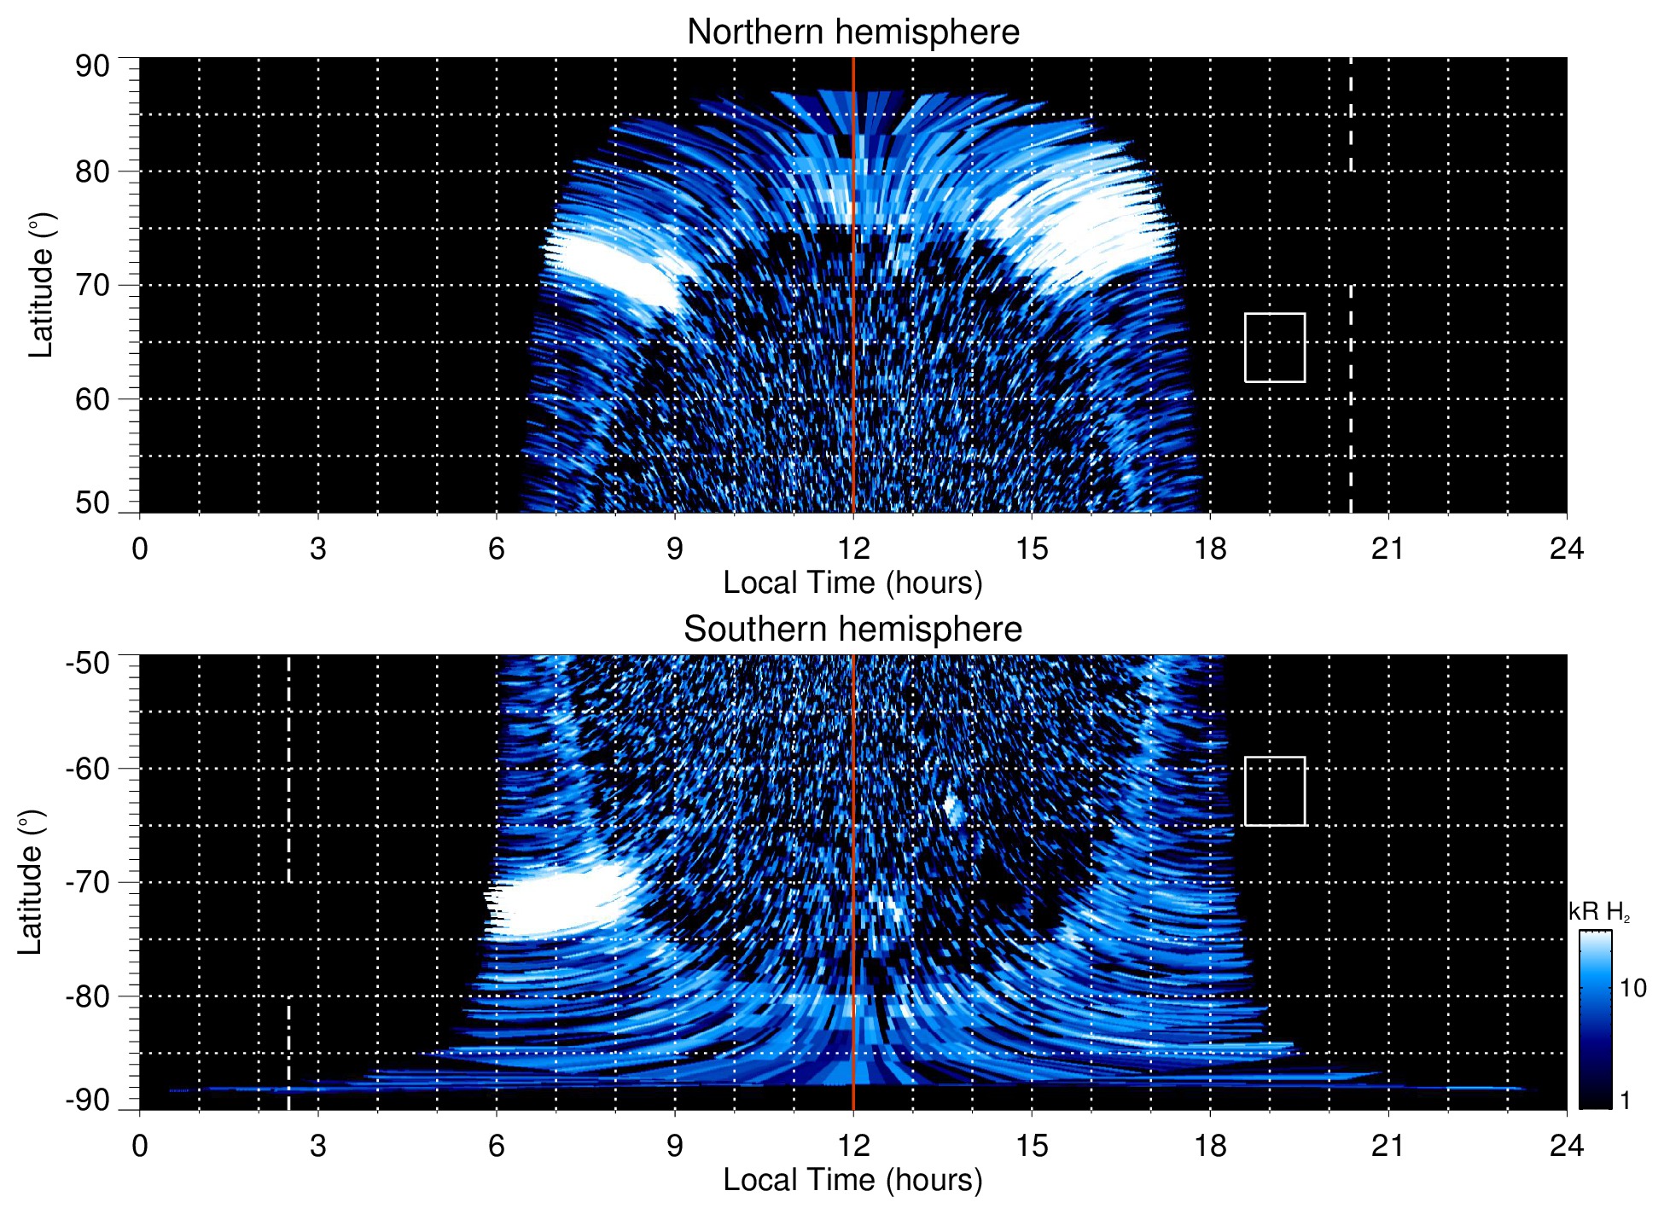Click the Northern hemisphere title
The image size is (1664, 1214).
[x=852, y=32]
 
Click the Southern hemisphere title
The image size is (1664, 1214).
[x=852, y=630]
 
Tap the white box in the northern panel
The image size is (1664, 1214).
[x=1274, y=347]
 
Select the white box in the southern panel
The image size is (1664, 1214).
[x=1274, y=791]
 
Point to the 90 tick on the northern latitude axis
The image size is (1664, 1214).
[x=92, y=67]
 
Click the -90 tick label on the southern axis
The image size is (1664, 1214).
[x=88, y=1100]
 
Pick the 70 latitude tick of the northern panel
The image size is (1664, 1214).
[x=92, y=285]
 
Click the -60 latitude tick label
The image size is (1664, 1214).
[x=88, y=768]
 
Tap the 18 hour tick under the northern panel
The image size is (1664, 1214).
[x=1210, y=549]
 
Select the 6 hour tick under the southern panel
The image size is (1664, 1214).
[x=497, y=1146]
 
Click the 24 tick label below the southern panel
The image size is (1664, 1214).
[x=1566, y=1146]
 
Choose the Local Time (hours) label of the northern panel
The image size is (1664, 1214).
[x=852, y=583]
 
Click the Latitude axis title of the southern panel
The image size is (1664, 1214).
[x=30, y=882]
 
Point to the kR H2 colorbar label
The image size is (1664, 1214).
[x=1599, y=912]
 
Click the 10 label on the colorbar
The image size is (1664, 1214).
[x=1632, y=988]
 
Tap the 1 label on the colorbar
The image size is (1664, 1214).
[x=1625, y=1101]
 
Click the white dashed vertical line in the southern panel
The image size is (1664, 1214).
[x=288, y=768]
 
